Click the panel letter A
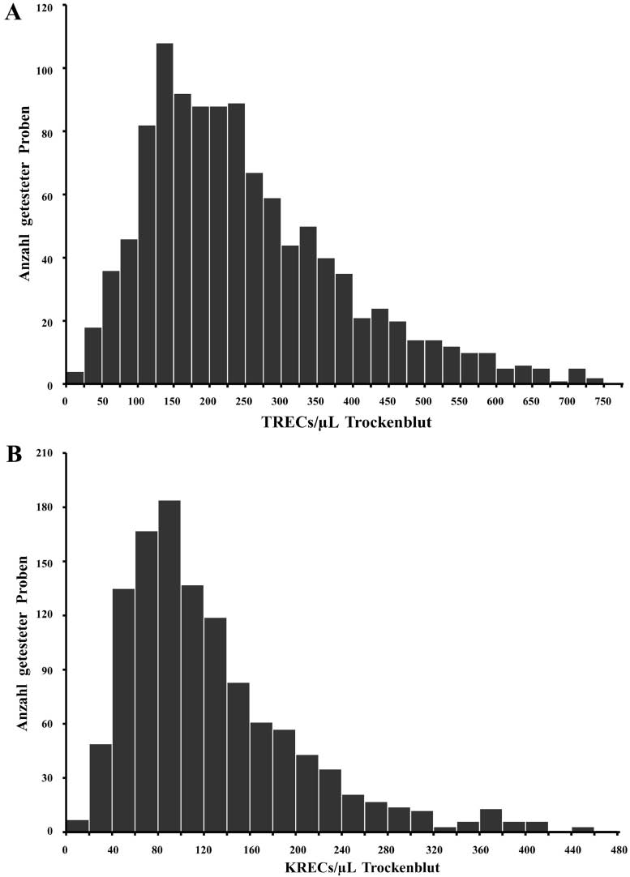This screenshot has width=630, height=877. click(x=12, y=14)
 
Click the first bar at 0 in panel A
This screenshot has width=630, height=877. click(x=75, y=379)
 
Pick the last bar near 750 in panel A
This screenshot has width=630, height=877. click(x=595, y=381)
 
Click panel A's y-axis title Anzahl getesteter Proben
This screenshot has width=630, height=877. click(x=25, y=195)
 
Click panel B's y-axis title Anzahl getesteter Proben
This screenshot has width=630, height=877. click(x=25, y=642)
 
